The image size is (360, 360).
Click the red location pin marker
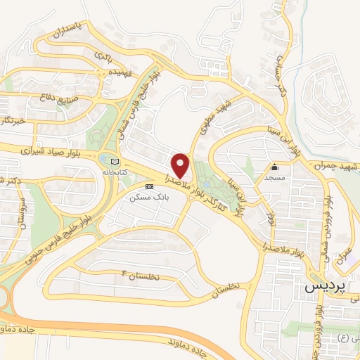(180, 165)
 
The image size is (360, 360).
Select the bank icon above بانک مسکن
(148, 187)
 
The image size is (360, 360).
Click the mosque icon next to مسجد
(275, 167)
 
